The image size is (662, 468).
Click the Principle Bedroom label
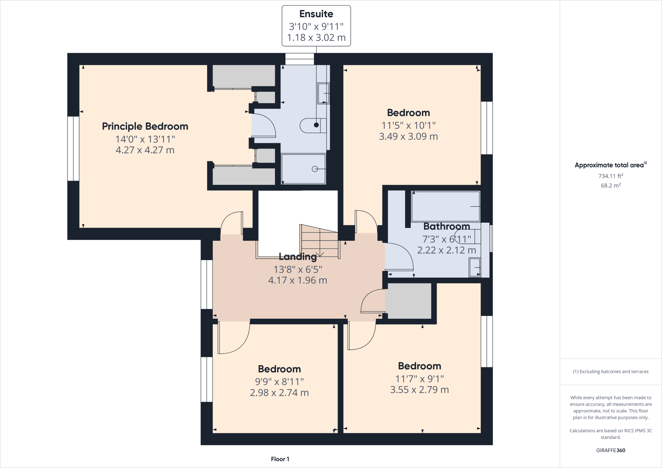(x=145, y=126)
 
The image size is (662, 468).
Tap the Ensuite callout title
(x=316, y=14)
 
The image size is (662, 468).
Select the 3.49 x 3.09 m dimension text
(x=408, y=136)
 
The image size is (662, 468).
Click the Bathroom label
(x=447, y=226)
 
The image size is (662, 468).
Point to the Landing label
(x=298, y=257)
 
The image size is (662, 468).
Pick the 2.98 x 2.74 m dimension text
(x=279, y=393)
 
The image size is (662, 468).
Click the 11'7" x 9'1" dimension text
(x=420, y=378)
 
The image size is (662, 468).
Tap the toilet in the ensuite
(x=313, y=125)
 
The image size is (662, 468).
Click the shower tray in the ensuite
(x=304, y=169)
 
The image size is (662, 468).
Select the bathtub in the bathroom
(x=446, y=207)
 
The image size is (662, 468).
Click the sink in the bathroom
(x=475, y=267)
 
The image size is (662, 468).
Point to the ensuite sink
(x=323, y=93)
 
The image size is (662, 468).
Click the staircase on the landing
(x=320, y=241)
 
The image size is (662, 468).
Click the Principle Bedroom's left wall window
(x=73, y=149)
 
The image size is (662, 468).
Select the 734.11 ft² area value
(x=611, y=176)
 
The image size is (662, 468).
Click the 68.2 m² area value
(x=611, y=186)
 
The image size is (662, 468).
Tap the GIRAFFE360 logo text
(x=611, y=450)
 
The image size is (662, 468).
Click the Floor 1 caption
(x=280, y=459)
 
